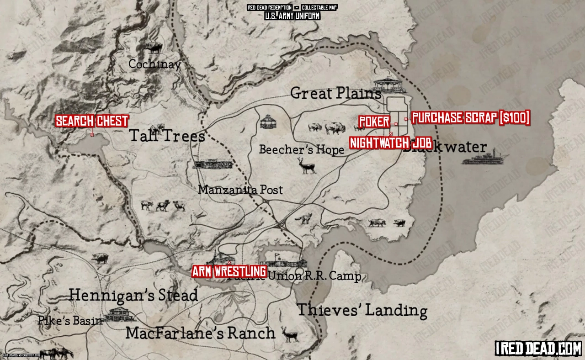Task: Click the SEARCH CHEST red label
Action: point(91,122)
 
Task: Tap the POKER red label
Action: point(374,122)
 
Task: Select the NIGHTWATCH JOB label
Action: point(391,143)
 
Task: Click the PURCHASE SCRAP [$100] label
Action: point(471,118)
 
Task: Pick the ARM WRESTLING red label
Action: point(229,271)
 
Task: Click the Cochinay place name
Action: point(154,64)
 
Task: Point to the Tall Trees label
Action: point(167,136)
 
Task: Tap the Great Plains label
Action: point(336,94)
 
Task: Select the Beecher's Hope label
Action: point(301,149)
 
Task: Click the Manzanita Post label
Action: point(240,190)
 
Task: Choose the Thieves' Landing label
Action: point(362,310)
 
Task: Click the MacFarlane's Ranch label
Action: point(200,333)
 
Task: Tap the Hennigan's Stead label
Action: point(133,296)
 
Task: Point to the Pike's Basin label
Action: point(70,320)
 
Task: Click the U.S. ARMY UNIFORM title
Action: point(292,16)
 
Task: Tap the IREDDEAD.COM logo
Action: point(538,349)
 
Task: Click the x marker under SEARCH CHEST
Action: point(92,135)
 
